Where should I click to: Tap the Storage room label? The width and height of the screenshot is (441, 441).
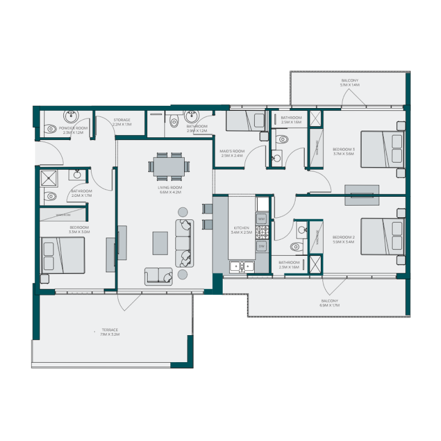[122, 120]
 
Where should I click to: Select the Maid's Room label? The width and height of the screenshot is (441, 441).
[232, 151]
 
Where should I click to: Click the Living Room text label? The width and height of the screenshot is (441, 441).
[170, 188]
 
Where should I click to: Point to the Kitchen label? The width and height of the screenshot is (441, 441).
[241, 228]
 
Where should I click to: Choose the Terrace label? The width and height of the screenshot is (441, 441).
[109, 330]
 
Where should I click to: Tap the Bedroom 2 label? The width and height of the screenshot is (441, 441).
[342, 236]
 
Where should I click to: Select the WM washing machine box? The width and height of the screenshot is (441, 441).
[262, 219]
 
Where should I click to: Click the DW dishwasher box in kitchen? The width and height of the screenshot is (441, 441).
[262, 245]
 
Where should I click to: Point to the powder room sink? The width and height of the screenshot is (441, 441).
[70, 117]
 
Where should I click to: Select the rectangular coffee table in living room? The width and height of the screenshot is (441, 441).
[160, 243]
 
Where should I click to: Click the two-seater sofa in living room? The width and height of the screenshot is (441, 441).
[158, 276]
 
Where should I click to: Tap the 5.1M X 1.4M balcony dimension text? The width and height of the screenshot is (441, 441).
[350, 85]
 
